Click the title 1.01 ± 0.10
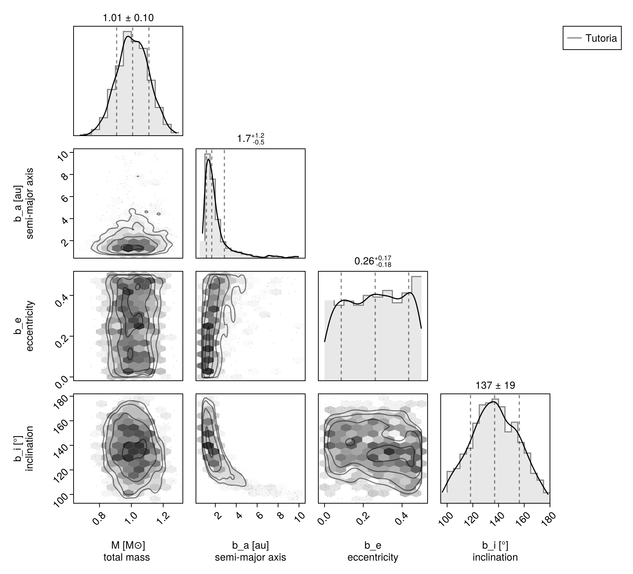tap(128, 18)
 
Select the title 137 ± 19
tap(495, 385)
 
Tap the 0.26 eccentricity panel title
tap(373, 261)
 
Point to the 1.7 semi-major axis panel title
tap(251, 139)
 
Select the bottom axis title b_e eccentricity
tap(373, 551)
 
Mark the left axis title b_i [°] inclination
tap(24, 448)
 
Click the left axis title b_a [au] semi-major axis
tap(24, 203)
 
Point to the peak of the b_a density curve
tap(208, 159)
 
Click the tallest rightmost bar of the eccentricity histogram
tap(416, 328)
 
